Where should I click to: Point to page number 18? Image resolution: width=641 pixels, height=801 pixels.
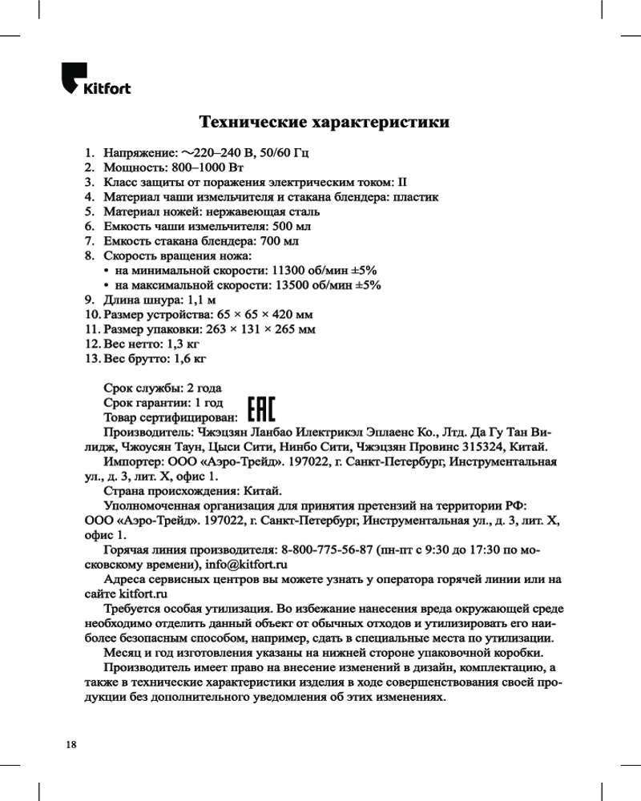click(72, 744)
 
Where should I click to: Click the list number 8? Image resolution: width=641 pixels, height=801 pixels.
click(90, 256)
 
